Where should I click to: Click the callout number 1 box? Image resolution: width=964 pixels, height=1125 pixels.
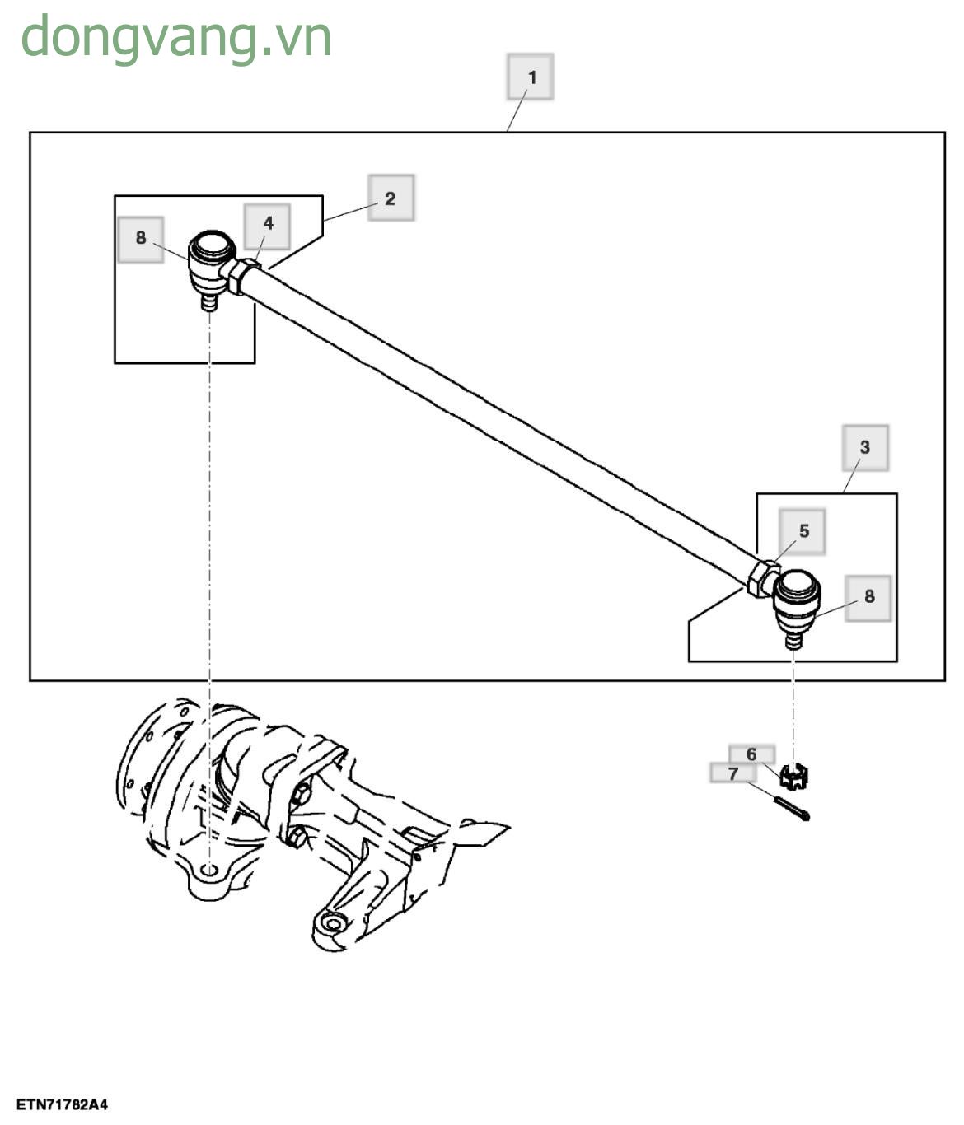tap(530, 77)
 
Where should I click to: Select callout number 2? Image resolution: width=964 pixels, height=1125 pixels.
tap(391, 198)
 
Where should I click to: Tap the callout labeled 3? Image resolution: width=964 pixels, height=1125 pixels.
tap(864, 447)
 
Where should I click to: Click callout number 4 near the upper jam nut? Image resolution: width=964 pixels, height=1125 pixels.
tap(268, 225)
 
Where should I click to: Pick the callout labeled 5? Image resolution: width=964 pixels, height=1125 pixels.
tap(803, 531)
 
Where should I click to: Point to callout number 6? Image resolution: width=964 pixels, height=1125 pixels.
tap(751, 754)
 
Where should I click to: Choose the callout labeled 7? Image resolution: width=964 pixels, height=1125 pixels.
tap(732, 773)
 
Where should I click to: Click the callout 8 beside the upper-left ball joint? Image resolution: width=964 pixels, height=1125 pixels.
tap(141, 239)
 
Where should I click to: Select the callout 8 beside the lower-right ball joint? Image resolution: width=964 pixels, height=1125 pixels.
tap(868, 597)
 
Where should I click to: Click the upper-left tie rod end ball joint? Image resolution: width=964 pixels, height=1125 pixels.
tap(210, 259)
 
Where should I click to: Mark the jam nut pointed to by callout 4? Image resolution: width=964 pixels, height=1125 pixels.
tap(242, 276)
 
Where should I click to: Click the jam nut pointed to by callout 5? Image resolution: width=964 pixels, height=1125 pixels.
tap(761, 578)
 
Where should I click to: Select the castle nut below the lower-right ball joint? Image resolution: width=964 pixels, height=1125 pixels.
tap(794, 775)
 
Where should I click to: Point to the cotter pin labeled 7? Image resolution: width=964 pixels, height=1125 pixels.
tap(793, 809)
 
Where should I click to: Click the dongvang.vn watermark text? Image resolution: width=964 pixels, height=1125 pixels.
tap(175, 38)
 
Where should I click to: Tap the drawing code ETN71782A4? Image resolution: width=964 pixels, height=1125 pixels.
tap(63, 1104)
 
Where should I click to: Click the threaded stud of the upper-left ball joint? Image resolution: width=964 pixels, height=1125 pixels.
tap(209, 302)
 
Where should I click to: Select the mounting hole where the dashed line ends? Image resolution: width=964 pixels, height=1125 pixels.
tap(210, 870)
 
